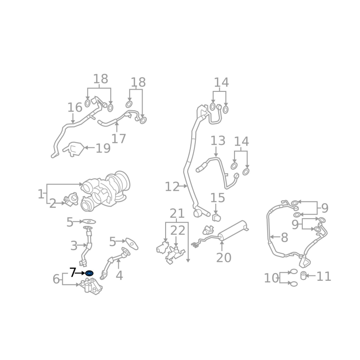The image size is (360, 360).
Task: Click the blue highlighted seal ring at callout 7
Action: tap(89, 273)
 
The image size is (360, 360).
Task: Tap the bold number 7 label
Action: tap(73, 272)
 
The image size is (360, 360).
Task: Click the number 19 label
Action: tap(103, 148)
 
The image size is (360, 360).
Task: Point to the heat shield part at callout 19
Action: tap(73, 149)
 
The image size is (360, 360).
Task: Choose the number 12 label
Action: tap(172, 187)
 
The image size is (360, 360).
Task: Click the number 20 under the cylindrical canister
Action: tap(224, 257)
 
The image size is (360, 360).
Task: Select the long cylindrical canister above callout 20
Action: tap(232, 230)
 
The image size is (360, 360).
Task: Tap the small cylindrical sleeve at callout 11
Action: tap(303, 275)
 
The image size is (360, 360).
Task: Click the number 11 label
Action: tap(324, 276)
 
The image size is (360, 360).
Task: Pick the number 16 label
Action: tap(75, 108)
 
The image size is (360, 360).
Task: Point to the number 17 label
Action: tap(119, 139)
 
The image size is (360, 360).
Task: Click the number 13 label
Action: tap(218, 140)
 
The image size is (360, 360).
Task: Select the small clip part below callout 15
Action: tap(216, 217)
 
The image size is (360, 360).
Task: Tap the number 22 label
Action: tap(178, 230)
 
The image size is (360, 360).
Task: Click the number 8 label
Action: tap(284, 238)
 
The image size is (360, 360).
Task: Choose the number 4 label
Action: tap(119, 275)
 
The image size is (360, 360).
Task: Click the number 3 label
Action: tap(74, 246)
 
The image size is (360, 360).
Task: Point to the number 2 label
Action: tap(53, 204)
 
